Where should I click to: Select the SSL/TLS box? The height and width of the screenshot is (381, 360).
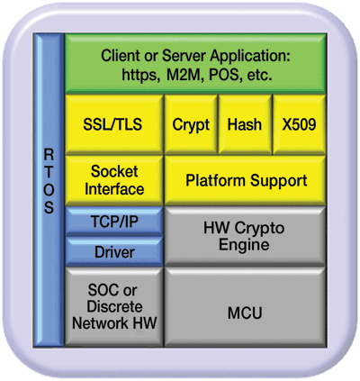(x=112, y=124)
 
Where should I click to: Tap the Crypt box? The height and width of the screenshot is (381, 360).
(x=191, y=124)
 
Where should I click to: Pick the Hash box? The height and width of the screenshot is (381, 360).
(x=245, y=124)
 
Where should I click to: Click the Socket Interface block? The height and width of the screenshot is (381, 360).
(x=112, y=180)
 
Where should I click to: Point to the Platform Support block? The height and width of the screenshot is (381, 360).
(x=246, y=180)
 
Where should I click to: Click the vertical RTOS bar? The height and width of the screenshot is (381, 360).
(x=49, y=189)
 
